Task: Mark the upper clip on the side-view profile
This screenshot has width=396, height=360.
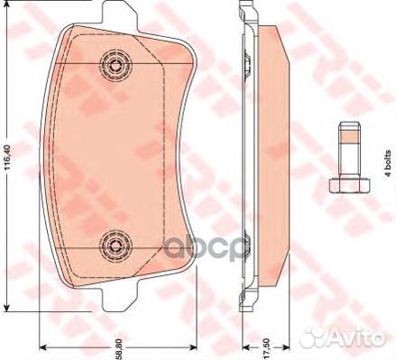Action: (x=246, y=60)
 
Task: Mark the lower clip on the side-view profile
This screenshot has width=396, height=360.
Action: (x=246, y=252)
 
